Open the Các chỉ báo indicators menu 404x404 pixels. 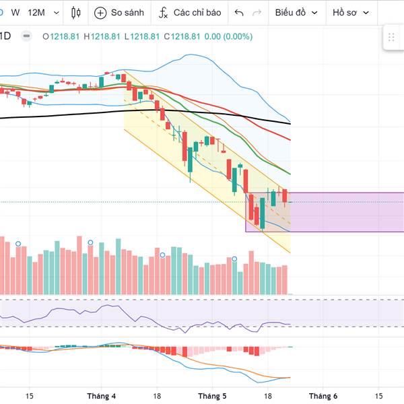(x=197, y=13)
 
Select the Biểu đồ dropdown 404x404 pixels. (x=290, y=13)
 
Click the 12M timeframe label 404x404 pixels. (x=36, y=13)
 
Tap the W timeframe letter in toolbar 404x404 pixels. (x=15, y=13)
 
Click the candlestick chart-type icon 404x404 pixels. (x=75, y=13)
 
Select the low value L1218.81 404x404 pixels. (x=141, y=37)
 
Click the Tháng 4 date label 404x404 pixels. (x=101, y=396)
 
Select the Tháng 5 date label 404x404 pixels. (x=212, y=396)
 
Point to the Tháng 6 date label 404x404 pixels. (x=323, y=396)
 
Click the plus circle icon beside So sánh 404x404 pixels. (x=100, y=13)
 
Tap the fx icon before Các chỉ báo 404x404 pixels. (x=164, y=13)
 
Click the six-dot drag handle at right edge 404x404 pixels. (x=392, y=38)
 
